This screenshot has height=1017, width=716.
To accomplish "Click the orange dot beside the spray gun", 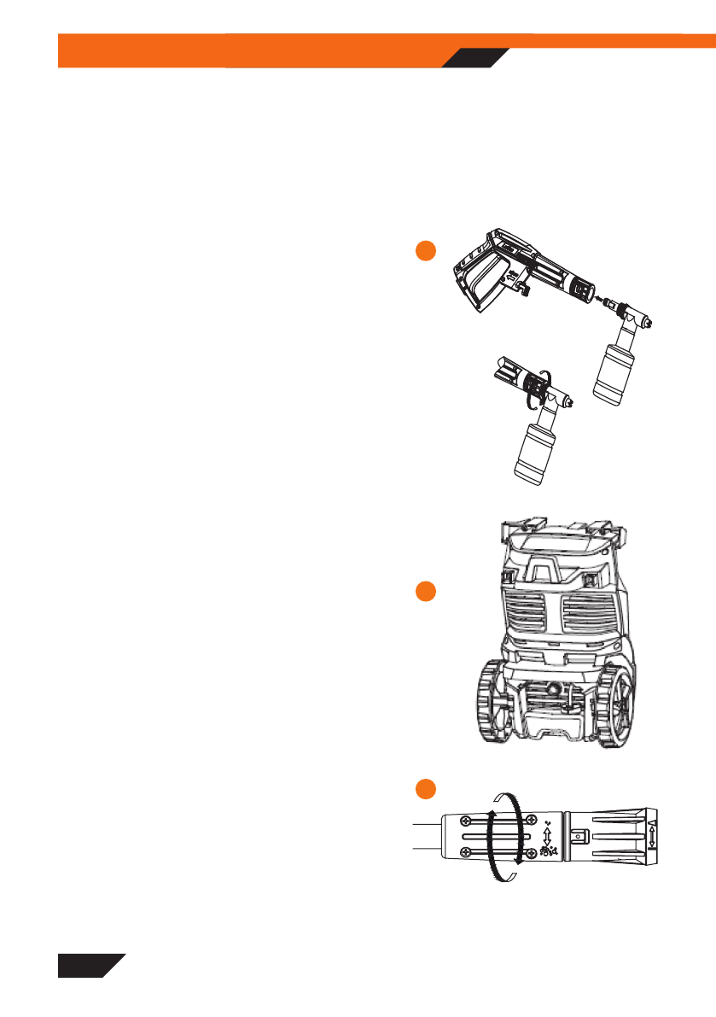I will click(426, 251).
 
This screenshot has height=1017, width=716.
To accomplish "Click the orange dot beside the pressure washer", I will click(426, 592).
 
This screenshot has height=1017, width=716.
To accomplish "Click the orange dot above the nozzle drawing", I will click(426, 786).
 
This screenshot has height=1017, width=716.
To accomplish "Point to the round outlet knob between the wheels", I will click(556, 687).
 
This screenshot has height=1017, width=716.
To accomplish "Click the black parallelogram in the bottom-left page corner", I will click(90, 965).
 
